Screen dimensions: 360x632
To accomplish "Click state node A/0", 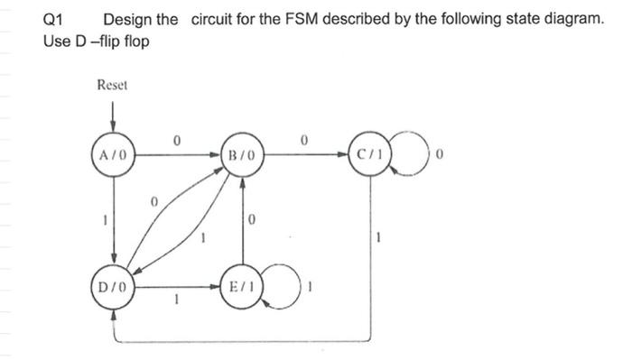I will click(x=114, y=155).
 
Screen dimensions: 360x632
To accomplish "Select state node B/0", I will click(x=243, y=155).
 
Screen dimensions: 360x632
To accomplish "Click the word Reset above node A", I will click(x=113, y=85).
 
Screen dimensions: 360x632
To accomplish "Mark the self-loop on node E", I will click(x=283, y=286).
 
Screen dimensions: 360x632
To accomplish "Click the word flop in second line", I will click(x=133, y=42).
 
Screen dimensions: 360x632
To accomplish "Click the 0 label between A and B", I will click(x=177, y=141).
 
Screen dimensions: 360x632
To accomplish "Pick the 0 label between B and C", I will click(x=307, y=141).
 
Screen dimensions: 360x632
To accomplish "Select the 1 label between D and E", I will click(x=177, y=302).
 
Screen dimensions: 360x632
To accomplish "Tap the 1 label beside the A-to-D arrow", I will click(x=104, y=221).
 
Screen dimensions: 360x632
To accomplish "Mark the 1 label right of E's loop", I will click(x=311, y=288).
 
